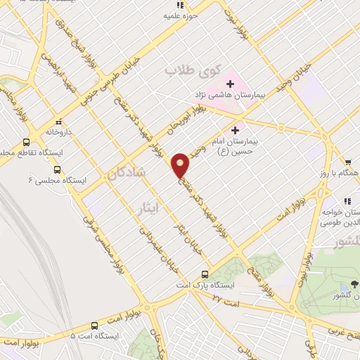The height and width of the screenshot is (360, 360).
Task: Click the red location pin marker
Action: coord(181,165)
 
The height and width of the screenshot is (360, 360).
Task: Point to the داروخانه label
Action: coord(60,131)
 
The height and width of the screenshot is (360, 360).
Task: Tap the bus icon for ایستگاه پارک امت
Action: coord(205,274)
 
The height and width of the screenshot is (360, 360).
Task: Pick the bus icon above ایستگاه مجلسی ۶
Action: coord(57,169)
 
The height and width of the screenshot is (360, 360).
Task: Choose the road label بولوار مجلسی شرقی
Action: coord(99,240)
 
